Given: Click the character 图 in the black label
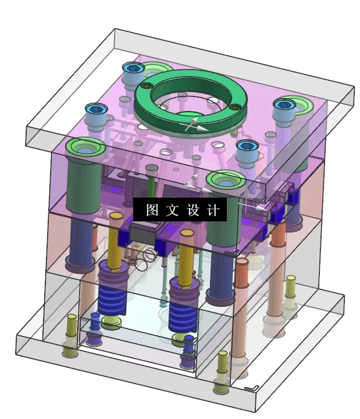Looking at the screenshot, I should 152,210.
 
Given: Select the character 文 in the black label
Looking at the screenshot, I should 173,210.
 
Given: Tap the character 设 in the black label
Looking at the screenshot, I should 193,210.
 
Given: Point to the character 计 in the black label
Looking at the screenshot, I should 213,210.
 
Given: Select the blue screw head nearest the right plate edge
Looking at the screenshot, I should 285,105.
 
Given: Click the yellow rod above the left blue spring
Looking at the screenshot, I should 115,238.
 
